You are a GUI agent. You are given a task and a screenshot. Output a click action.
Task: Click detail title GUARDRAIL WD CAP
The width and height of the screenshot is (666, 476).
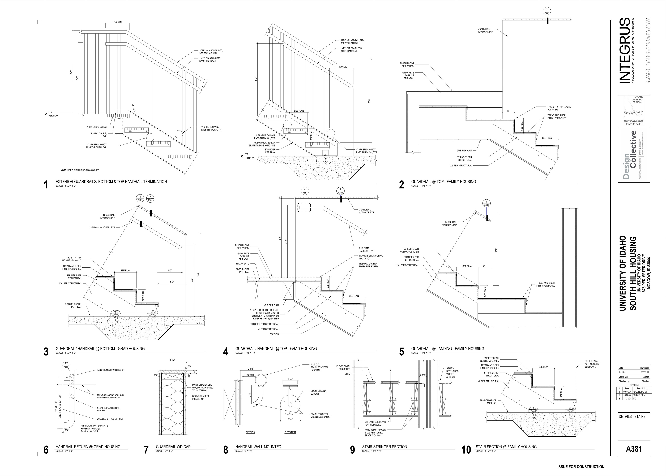tap(173, 447)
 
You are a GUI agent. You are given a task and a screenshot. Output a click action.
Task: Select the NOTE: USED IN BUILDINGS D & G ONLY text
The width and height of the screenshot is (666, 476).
tap(80, 170)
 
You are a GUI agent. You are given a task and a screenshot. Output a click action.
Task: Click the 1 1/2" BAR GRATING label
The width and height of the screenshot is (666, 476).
tap(97, 127)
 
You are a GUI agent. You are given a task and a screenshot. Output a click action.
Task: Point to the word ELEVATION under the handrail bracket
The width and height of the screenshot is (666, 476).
tap(290, 432)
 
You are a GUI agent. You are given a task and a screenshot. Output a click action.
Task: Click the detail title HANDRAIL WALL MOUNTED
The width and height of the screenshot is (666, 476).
tap(258, 447)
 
